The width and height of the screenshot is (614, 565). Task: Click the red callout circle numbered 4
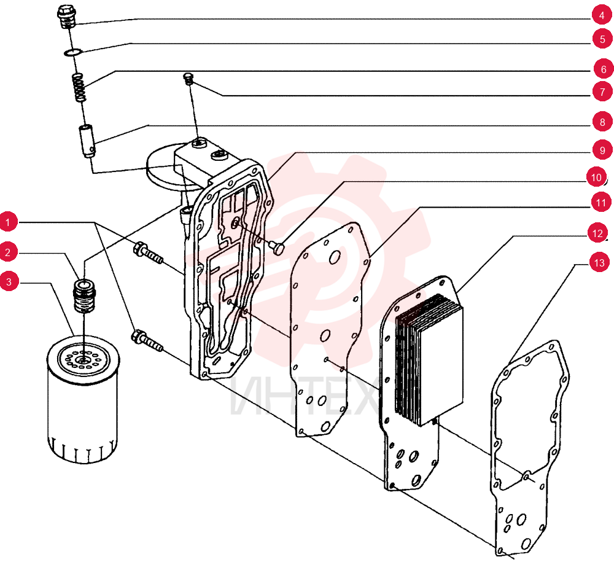[x=602, y=16]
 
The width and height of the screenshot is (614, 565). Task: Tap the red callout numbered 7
[x=602, y=92]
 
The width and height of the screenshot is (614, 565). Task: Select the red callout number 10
[x=596, y=177]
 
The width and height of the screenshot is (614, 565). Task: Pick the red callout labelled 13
[x=599, y=263]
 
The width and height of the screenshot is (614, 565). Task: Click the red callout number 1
[x=7, y=222]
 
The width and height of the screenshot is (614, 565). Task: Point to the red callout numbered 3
[x=9, y=282]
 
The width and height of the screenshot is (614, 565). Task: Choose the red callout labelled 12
[x=597, y=234]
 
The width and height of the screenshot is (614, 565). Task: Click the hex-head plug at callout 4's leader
[x=66, y=17]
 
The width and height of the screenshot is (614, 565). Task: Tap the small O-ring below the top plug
[x=73, y=52]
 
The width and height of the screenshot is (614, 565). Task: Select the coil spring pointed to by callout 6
[x=80, y=87]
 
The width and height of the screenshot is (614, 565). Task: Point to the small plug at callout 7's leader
[x=188, y=79]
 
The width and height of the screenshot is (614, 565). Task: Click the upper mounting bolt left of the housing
[x=148, y=253]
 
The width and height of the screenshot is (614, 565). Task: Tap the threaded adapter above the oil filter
[x=85, y=295]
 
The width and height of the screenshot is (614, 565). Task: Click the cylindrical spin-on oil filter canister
[x=83, y=400]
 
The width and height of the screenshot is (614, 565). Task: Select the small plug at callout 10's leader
[x=278, y=248]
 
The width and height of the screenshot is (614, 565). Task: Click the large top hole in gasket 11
[x=335, y=257]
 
